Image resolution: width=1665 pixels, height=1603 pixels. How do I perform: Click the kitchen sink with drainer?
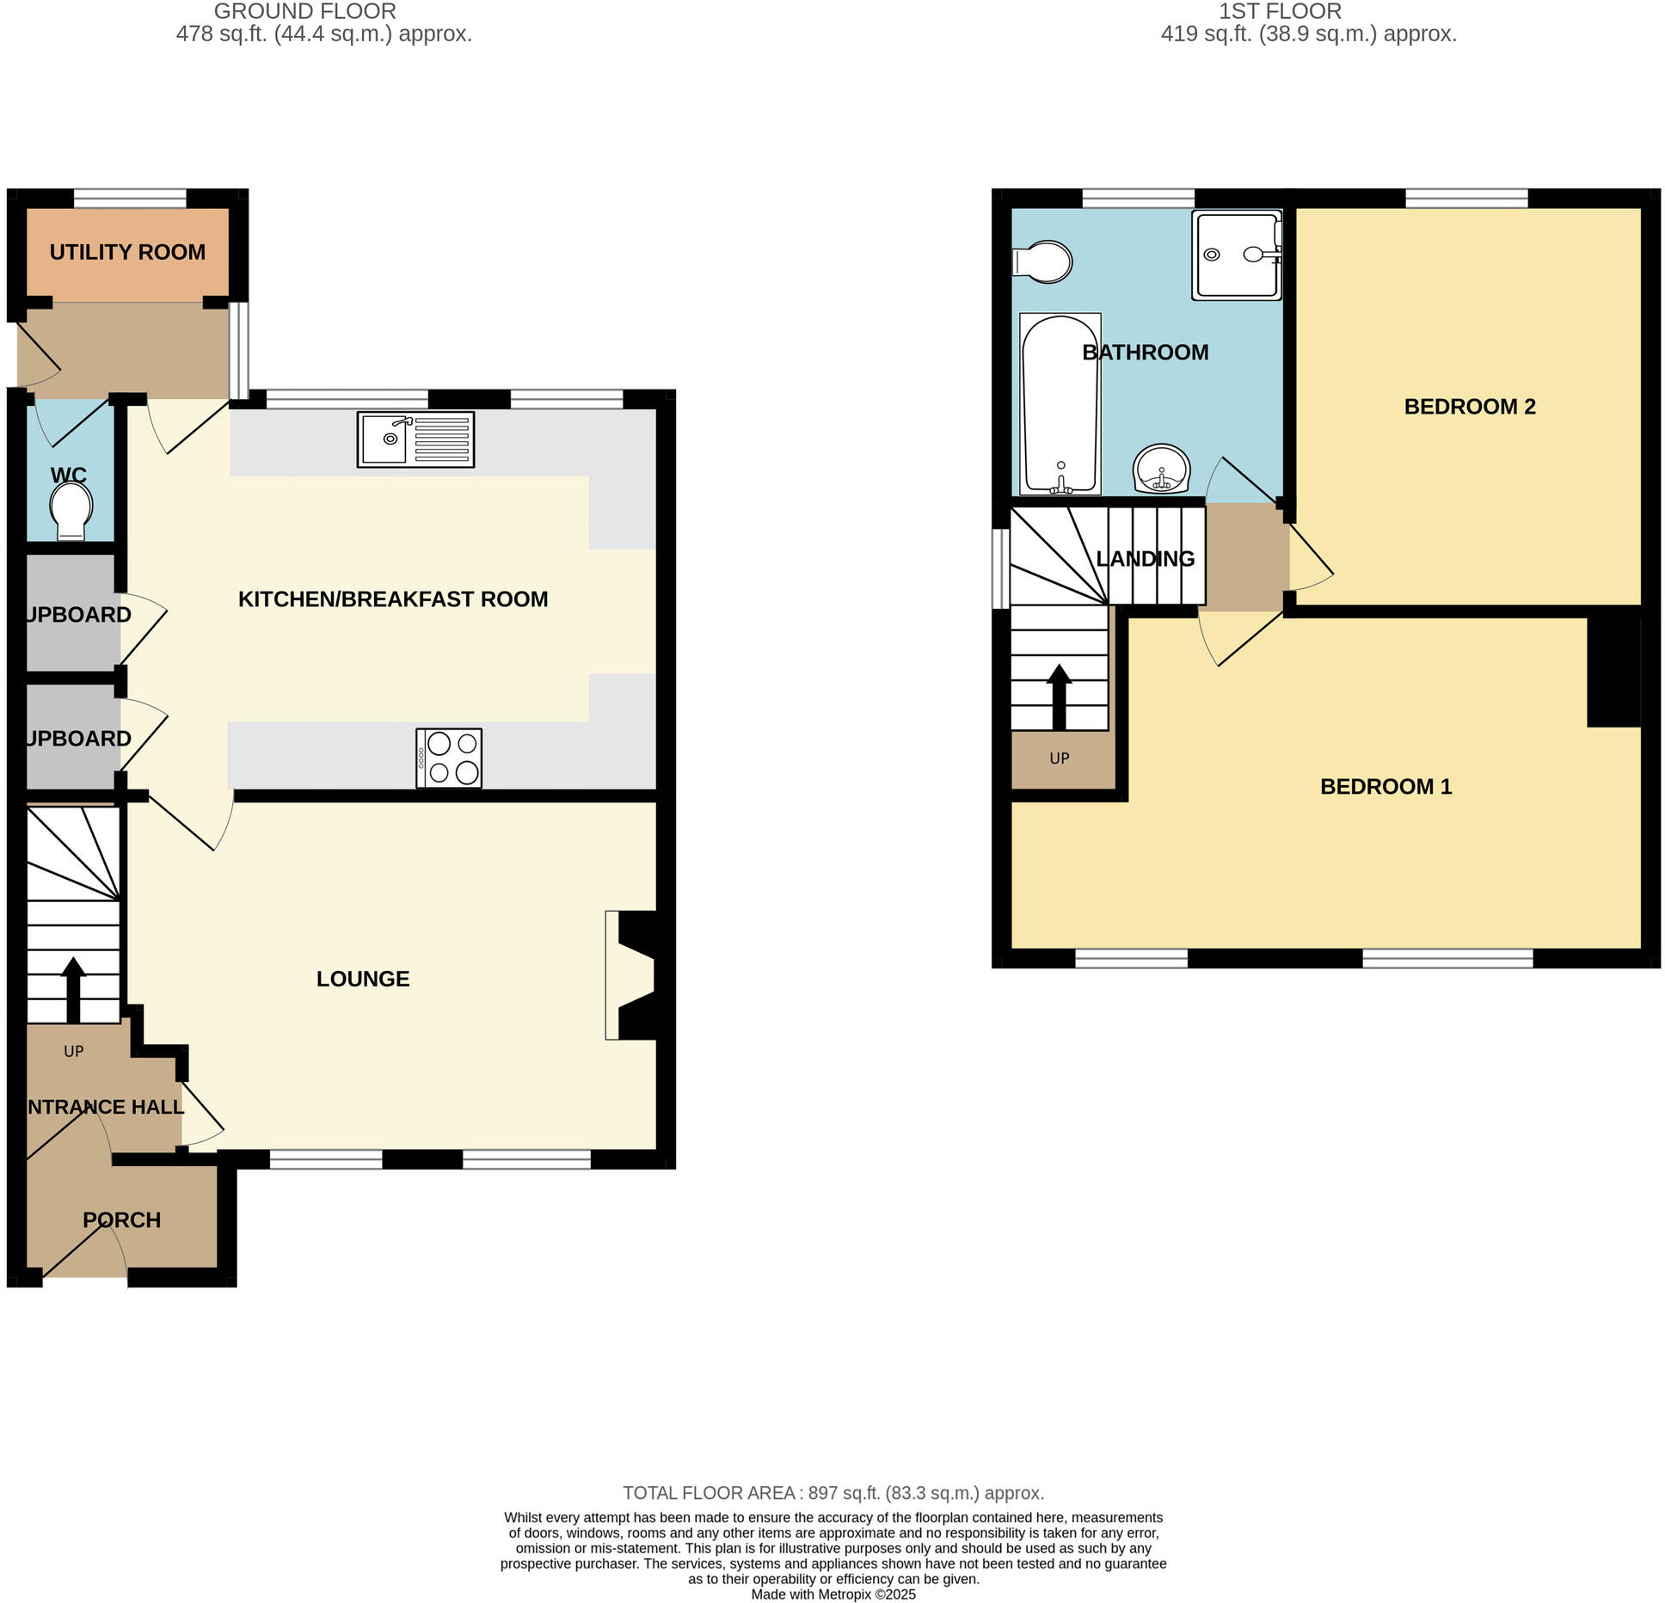pyautogui.click(x=415, y=440)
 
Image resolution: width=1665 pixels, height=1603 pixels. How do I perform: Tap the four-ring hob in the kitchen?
pyautogui.click(x=449, y=758)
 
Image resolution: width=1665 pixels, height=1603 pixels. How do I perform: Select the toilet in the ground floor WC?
pyautogui.click(x=71, y=511)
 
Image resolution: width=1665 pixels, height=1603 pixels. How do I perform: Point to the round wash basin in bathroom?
pyautogui.click(x=1162, y=469)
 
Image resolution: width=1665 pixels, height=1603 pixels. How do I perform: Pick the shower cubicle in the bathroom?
pyautogui.click(x=1236, y=255)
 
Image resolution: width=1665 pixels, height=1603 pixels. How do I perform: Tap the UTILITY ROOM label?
pyautogui.click(x=127, y=252)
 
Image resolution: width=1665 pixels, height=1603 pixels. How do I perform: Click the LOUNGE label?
pyautogui.click(x=363, y=979)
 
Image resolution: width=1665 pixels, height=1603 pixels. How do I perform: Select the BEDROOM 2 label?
pyautogui.click(x=1469, y=407)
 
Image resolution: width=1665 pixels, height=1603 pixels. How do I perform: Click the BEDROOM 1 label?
pyautogui.click(x=1385, y=787)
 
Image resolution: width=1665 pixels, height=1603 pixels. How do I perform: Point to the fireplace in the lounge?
pyautogui.click(x=632, y=974)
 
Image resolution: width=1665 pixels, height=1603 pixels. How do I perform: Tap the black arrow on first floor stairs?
pyautogui.click(x=1059, y=697)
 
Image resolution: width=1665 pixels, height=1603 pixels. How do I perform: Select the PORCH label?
pyautogui.click(x=121, y=1220)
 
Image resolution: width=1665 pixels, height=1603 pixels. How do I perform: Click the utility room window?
pyautogui.click(x=130, y=199)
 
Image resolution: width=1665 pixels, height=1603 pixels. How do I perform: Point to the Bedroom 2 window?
pyautogui.click(x=1466, y=199)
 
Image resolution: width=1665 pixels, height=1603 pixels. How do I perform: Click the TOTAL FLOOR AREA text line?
pyautogui.click(x=832, y=1493)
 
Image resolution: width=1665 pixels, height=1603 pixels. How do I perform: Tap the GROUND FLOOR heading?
pyautogui.click(x=304, y=12)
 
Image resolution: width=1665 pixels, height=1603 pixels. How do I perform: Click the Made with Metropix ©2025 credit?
pyautogui.click(x=832, y=1594)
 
